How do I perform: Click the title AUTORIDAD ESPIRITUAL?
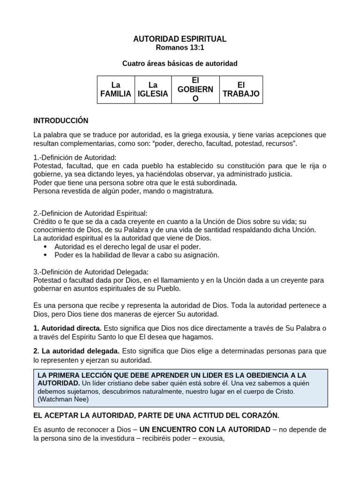(180, 39)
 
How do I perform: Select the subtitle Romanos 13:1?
(180, 48)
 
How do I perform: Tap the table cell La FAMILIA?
(116, 90)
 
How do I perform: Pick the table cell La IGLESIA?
(153, 90)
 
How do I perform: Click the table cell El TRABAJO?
(241, 90)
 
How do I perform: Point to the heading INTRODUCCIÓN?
(61, 121)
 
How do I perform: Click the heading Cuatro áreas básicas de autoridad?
(180, 63)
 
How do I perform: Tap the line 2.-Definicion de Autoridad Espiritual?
(90, 213)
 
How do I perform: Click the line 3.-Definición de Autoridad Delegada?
(91, 271)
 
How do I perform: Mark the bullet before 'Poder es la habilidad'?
(45, 255)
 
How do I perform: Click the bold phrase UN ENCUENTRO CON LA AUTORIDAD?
(205, 429)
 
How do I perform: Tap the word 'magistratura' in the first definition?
(193, 191)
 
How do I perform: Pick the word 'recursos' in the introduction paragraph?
(279, 143)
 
